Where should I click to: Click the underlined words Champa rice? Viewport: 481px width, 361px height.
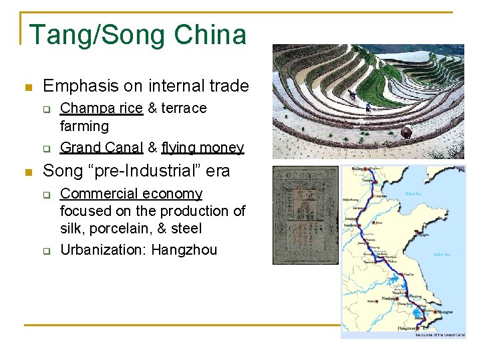pyautogui.click(x=102, y=108)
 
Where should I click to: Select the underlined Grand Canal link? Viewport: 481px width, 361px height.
pyautogui.click(x=102, y=147)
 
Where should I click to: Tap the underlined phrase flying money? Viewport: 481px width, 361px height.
pyautogui.click(x=202, y=147)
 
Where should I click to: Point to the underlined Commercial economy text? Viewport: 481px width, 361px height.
pyautogui.click(x=131, y=194)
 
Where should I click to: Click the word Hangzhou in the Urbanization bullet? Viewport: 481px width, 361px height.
pyautogui.click(x=184, y=250)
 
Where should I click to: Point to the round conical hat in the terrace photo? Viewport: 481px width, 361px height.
pyautogui.click(x=406, y=132)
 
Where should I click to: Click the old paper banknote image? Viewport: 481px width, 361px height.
pyautogui.click(x=305, y=215)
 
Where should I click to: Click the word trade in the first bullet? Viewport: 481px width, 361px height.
pyautogui.click(x=229, y=86)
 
